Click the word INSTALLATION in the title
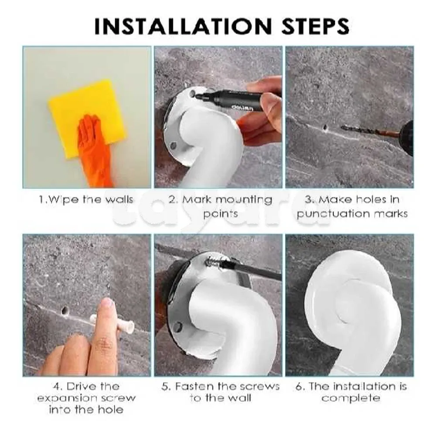pyautogui.click(x=183, y=27)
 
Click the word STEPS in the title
pyautogui.click(x=315, y=27)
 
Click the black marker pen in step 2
pyautogui.click(x=236, y=98)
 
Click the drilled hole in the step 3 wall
pyautogui.click(x=325, y=128)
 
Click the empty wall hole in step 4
pyautogui.click(x=65, y=311)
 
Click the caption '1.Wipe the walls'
pyautogui.click(x=86, y=200)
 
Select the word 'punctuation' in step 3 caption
pyautogui.click(x=333, y=214)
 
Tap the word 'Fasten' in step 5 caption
pyautogui.click(x=194, y=386)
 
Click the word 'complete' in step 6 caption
pyautogui.click(x=351, y=398)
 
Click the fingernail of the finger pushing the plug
pyautogui.click(x=107, y=304)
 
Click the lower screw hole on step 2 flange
pyautogui.click(x=174, y=145)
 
